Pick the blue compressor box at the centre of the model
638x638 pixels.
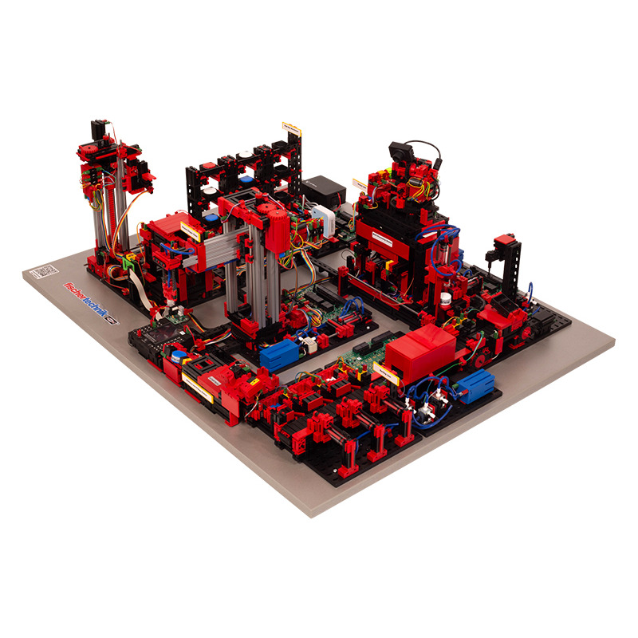coord(278,352)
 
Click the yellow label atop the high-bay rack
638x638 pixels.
coord(291,128)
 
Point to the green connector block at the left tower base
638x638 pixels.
coord(128,259)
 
